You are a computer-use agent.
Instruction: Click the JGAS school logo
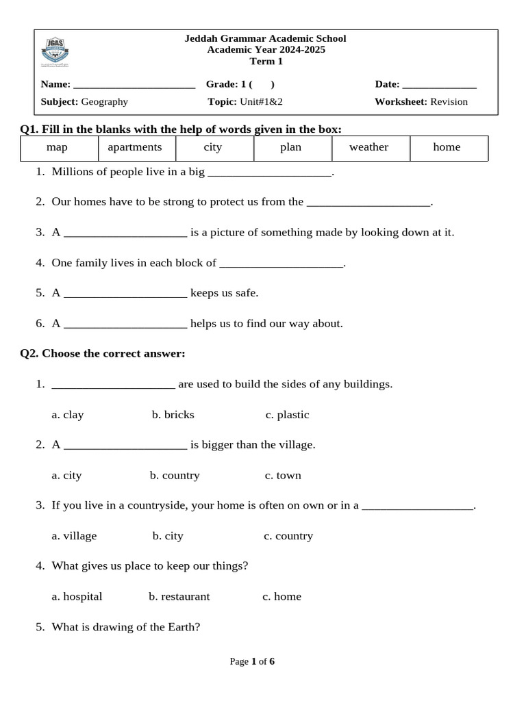pyautogui.click(x=55, y=52)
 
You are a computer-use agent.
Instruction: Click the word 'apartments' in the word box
pyautogui.click(x=135, y=147)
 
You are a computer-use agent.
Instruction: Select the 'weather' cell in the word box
pyautogui.click(x=368, y=147)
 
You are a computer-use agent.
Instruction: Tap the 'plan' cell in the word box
pyautogui.click(x=290, y=147)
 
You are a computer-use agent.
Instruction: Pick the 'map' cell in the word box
pyautogui.click(x=57, y=147)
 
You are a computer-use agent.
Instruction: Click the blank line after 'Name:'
pyautogui.click(x=134, y=86)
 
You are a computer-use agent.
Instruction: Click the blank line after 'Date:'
pyautogui.click(x=439, y=86)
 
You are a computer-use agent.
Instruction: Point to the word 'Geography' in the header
pyautogui.click(x=104, y=102)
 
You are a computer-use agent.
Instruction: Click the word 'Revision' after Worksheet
pyautogui.click(x=449, y=102)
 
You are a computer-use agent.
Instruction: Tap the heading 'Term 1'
pyautogui.click(x=266, y=62)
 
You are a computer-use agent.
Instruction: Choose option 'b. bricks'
pyautogui.click(x=173, y=415)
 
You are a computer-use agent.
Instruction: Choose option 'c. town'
pyautogui.click(x=283, y=475)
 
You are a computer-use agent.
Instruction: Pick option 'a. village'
pyautogui.click(x=74, y=536)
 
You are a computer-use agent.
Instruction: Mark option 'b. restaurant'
pyautogui.click(x=179, y=596)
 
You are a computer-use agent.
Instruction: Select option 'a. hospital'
pyautogui.click(x=77, y=596)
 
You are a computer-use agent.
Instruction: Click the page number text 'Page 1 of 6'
pyautogui.click(x=252, y=661)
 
